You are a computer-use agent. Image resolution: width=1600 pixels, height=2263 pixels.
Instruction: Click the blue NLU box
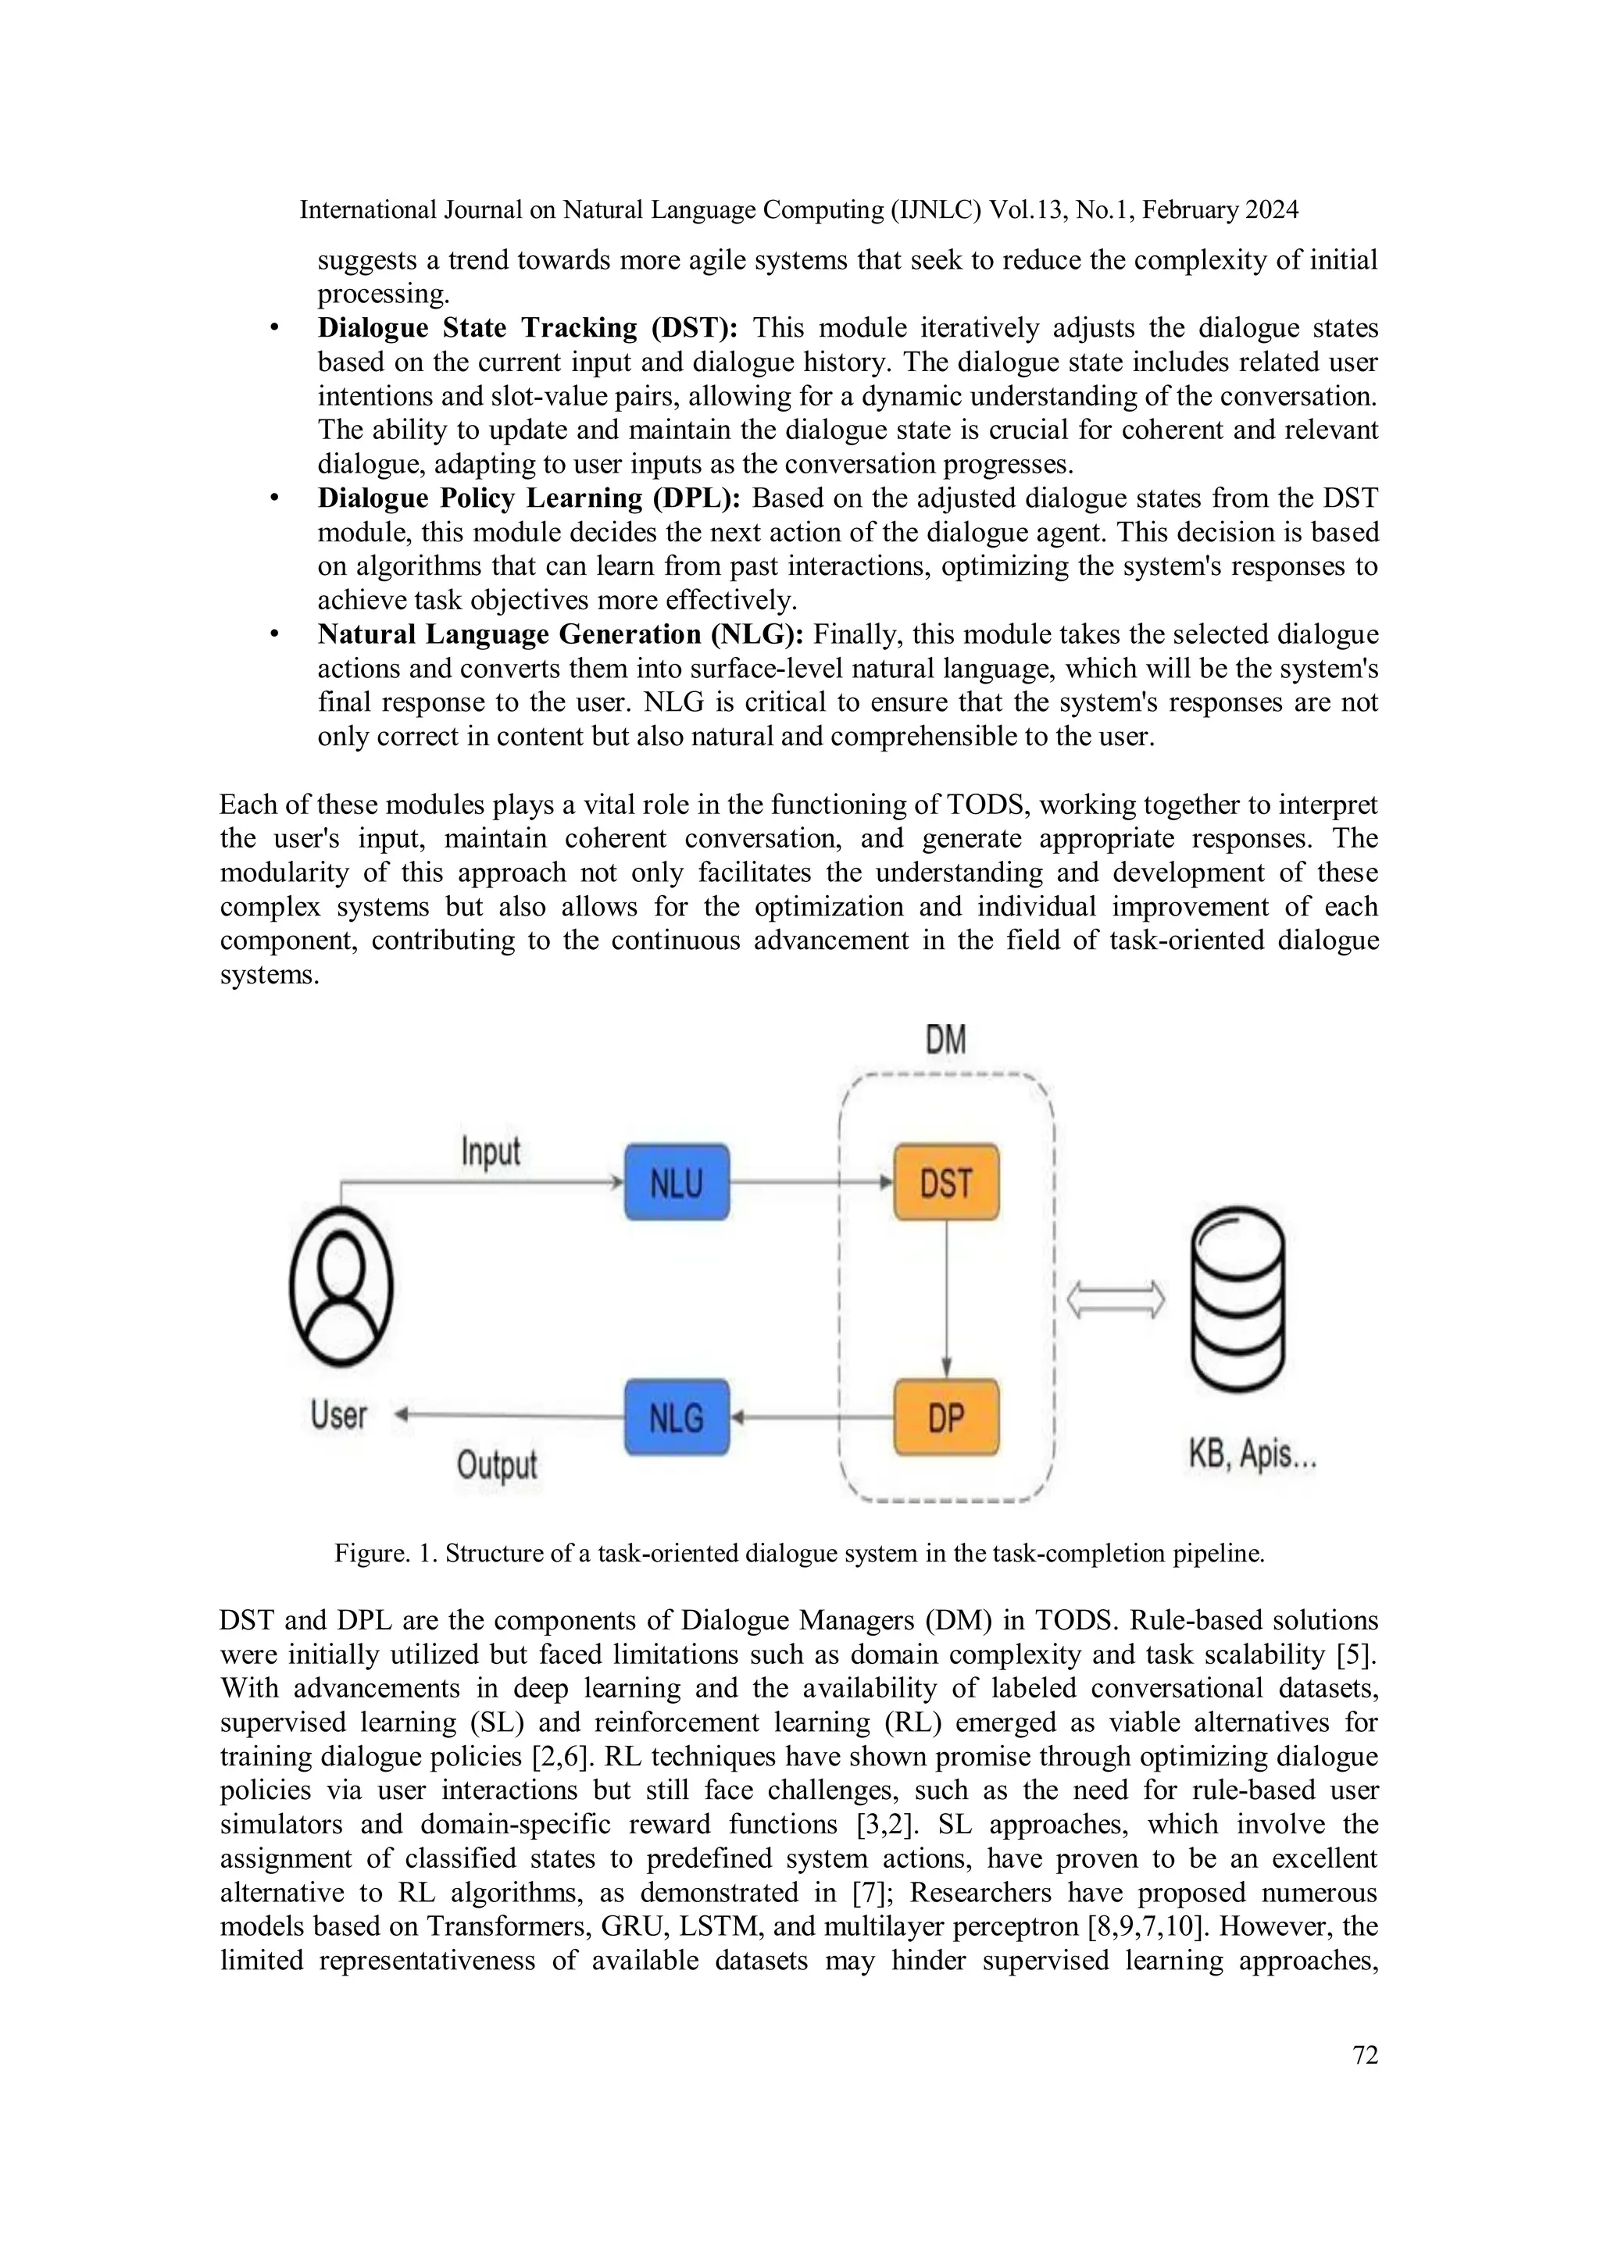[677, 1183]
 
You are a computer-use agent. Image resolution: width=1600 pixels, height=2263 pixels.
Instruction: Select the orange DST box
[945, 1183]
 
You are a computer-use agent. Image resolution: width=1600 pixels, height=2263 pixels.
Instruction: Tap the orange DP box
[945, 1417]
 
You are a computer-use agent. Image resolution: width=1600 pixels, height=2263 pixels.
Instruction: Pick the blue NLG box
[677, 1417]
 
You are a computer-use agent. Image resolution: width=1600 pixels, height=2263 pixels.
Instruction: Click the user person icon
[341, 1287]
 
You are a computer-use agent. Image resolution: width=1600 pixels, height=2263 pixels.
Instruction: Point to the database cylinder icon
[1237, 1299]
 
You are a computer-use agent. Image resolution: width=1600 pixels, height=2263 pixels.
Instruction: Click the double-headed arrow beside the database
[1116, 1300]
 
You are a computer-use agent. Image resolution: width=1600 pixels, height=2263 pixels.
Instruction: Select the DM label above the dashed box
[945, 1040]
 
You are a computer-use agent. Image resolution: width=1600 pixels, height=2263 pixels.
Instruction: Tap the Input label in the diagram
[490, 1152]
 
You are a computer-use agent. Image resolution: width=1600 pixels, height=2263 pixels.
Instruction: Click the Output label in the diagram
[497, 1465]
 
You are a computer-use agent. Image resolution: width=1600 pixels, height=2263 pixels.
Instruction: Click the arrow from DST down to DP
[946, 1299]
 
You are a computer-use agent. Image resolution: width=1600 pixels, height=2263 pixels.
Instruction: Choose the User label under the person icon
[338, 1415]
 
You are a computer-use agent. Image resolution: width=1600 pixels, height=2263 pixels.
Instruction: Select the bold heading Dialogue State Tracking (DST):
[527, 328]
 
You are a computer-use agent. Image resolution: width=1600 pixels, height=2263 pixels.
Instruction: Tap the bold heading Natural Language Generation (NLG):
[560, 635]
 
